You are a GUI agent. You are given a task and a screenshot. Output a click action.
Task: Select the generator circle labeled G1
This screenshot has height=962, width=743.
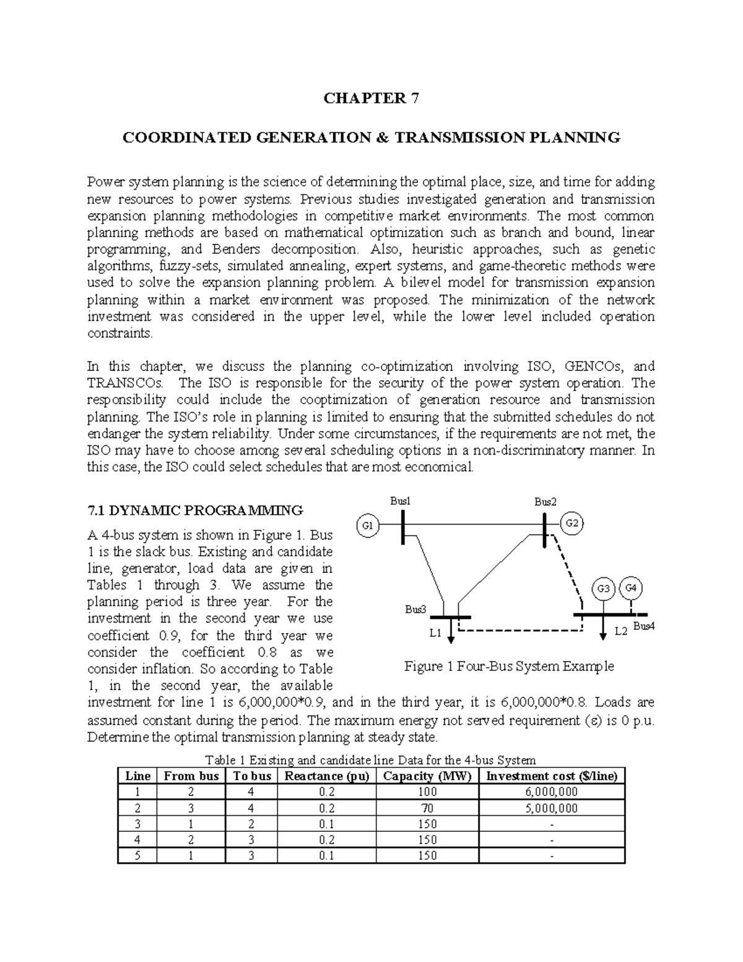point(367,525)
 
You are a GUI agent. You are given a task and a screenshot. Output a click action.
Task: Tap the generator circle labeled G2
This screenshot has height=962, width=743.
point(572,523)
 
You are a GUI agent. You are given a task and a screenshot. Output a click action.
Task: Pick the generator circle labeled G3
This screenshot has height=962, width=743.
point(604,588)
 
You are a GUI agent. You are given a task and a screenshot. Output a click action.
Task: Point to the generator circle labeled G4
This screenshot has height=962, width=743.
point(632,587)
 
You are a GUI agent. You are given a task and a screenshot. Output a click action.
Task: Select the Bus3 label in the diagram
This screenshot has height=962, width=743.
point(415,609)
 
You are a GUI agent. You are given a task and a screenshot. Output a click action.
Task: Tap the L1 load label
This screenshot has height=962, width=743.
point(435,633)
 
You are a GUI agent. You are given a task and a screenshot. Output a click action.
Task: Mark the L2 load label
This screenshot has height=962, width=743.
point(620,631)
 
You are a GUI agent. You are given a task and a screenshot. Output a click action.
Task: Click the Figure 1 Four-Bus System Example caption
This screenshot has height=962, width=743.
point(509,667)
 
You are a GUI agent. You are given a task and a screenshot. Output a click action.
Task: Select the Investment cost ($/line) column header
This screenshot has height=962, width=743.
point(552,776)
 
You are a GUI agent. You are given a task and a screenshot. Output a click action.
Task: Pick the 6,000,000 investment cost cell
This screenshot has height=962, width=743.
point(552,792)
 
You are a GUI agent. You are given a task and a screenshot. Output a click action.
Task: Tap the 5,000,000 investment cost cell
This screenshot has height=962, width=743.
point(552,808)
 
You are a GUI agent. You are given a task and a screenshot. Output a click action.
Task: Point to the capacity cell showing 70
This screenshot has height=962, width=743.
point(427,808)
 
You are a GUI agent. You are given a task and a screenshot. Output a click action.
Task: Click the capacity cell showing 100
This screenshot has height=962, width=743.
point(427,792)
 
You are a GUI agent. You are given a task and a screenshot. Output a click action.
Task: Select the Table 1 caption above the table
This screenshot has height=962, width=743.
point(370,760)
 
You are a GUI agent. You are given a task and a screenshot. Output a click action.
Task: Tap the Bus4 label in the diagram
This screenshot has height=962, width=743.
point(643,626)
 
